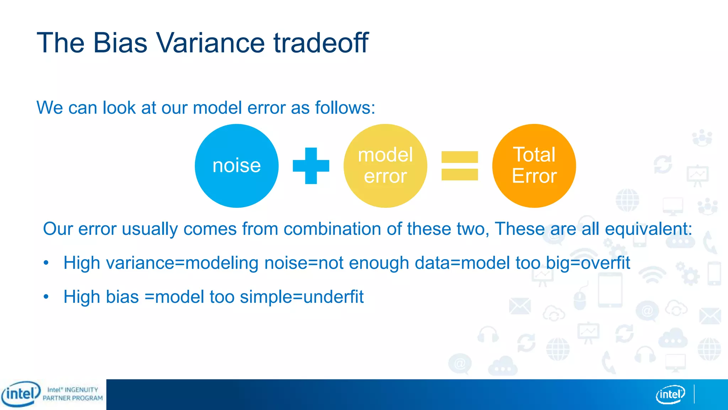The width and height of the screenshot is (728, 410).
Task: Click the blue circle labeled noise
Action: pos(236,166)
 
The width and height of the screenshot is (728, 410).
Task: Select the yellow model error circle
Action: pos(385,166)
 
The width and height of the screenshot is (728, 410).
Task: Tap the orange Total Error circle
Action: pos(534,166)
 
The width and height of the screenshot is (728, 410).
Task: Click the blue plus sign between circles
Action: pos(311,166)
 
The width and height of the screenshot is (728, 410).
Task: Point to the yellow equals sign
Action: pos(460,166)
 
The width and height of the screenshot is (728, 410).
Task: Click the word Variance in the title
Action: pos(210,43)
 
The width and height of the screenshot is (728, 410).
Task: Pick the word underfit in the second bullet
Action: pos(333,297)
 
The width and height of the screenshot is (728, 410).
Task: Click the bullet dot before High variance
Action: pos(46,263)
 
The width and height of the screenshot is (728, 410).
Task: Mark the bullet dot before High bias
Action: pos(46,297)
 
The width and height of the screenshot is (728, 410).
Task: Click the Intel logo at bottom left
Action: pos(21,394)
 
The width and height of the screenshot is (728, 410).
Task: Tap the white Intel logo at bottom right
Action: pos(670,394)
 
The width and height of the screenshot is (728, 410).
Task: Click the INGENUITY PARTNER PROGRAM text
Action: pos(73,394)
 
